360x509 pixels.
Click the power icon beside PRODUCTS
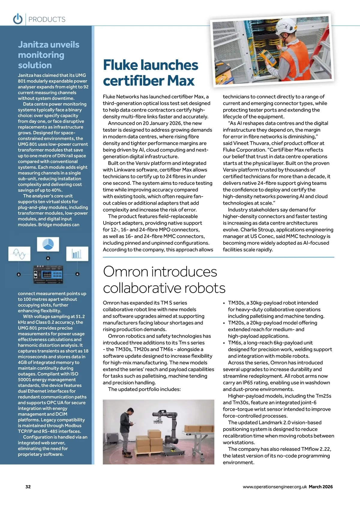[18, 19]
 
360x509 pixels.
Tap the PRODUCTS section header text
[47, 20]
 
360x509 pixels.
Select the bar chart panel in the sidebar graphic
[77, 254]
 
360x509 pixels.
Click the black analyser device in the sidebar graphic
[48, 274]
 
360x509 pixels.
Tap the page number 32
[28, 487]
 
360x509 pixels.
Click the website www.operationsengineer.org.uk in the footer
[275, 487]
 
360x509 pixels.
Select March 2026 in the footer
[321, 487]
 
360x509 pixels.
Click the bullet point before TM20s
[224, 323]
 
